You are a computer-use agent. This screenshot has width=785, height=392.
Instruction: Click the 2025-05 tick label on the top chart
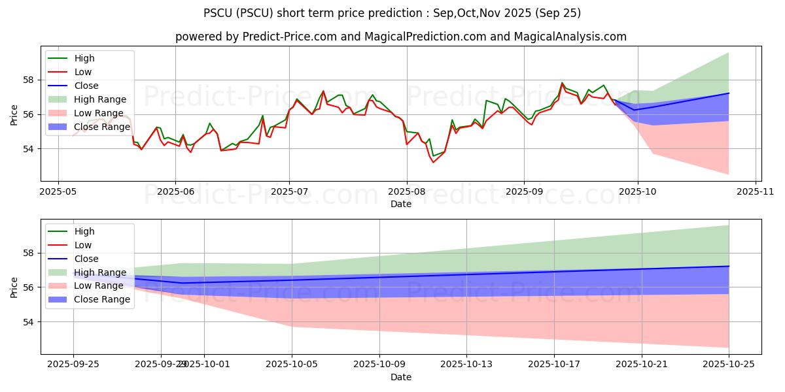58,192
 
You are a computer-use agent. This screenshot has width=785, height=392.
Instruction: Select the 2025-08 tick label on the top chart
406,192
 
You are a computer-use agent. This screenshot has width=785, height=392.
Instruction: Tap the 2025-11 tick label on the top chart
756,192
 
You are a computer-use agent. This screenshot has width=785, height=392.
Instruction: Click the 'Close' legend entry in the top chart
86,86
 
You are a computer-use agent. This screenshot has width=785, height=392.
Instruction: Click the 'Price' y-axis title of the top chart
14,114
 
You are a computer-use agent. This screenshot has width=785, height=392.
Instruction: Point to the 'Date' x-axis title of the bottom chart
400,378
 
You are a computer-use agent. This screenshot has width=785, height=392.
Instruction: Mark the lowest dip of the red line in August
433,162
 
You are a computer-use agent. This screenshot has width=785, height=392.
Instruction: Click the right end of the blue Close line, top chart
729,93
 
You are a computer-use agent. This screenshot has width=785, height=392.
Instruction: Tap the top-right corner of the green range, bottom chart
729,225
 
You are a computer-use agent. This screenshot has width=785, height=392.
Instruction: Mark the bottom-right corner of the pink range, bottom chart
729,348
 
